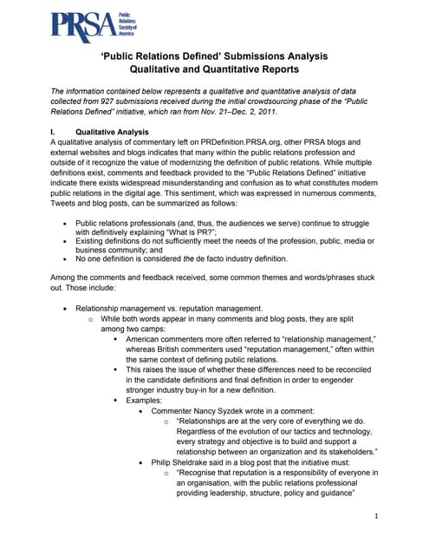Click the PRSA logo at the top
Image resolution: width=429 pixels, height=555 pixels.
tap(86, 27)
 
